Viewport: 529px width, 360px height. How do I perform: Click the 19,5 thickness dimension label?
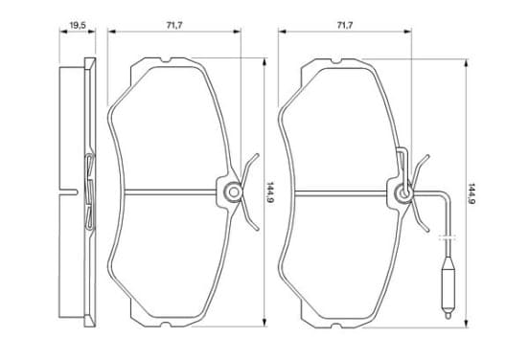tap(78, 25)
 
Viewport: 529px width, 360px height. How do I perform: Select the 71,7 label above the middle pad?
tap(174, 25)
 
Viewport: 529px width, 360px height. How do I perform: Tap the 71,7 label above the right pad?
tap(345, 25)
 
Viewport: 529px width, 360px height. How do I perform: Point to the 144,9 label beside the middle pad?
tap(270, 192)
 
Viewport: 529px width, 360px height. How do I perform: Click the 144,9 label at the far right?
tap(471, 194)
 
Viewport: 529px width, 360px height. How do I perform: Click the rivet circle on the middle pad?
tap(234, 192)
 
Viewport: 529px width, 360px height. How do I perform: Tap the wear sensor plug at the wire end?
tap(448, 288)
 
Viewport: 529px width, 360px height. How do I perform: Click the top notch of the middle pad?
tap(165, 60)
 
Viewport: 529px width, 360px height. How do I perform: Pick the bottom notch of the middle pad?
tap(165, 324)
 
